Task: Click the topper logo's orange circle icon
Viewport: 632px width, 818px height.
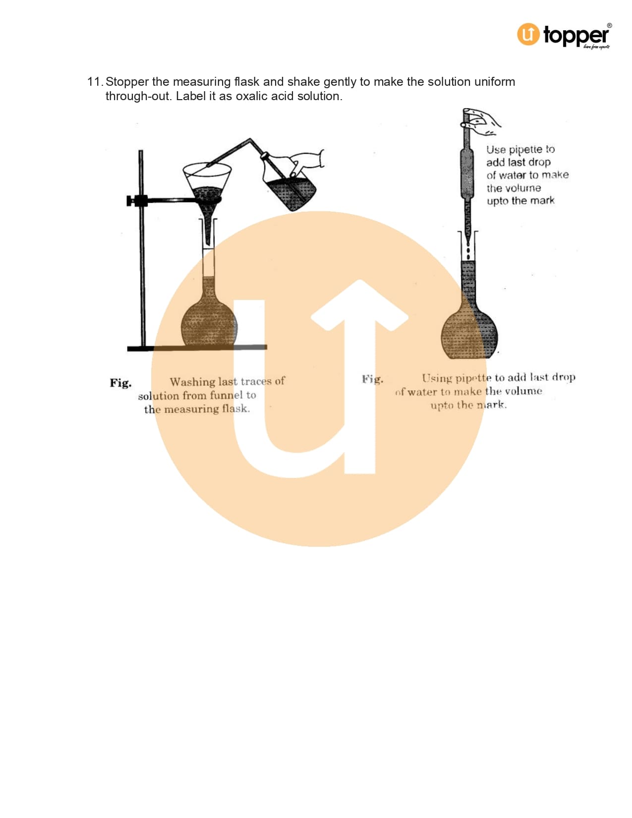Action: point(528,34)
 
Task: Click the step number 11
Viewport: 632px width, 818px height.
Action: point(95,82)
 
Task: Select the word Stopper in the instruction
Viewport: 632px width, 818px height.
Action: point(127,82)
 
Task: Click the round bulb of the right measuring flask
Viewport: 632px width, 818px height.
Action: point(469,334)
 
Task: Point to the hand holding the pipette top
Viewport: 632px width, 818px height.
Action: point(481,122)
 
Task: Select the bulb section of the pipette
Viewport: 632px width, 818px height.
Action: point(466,174)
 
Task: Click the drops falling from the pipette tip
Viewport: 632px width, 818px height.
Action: point(468,252)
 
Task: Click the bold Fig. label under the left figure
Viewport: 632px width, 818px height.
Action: point(120,383)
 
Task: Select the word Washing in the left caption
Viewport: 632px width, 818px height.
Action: point(192,382)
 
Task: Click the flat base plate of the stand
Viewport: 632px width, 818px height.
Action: point(197,348)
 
